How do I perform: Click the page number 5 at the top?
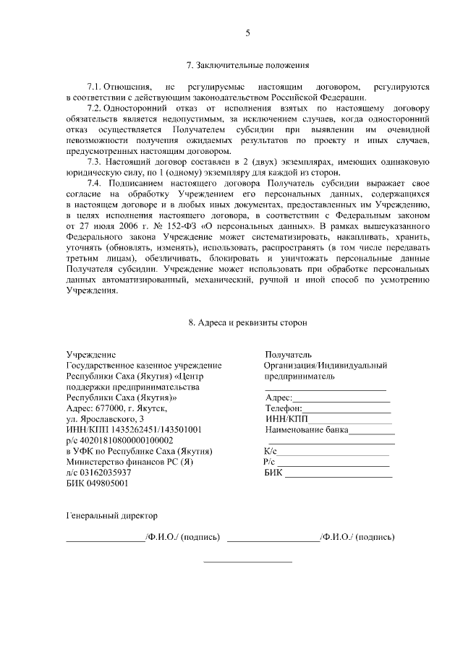tap(247, 33)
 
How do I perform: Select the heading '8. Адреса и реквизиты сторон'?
tap(247, 322)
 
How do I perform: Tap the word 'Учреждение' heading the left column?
tap(90, 355)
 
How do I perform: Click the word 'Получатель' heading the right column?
tap(288, 355)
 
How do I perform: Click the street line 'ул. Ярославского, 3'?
tap(105, 419)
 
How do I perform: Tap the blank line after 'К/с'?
tap(334, 454)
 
